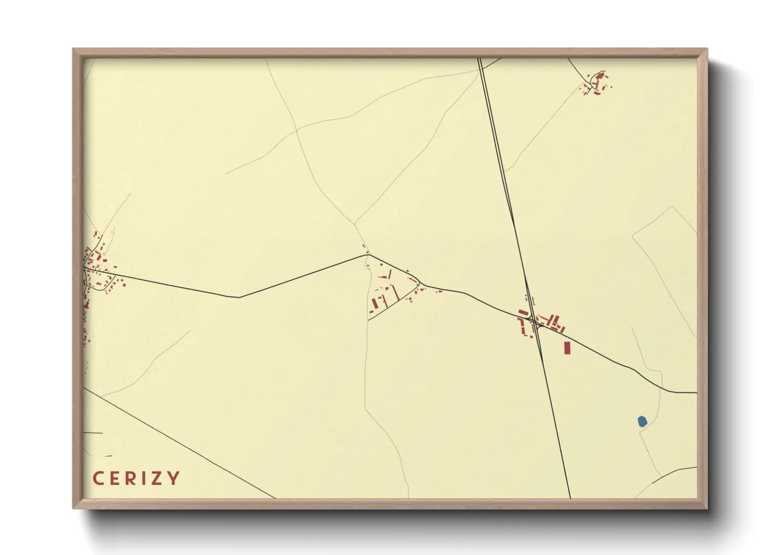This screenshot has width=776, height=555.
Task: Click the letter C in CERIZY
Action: [x=97, y=478]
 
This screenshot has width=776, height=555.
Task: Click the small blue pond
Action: [x=642, y=421]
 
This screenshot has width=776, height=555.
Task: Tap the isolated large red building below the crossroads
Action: [x=567, y=347]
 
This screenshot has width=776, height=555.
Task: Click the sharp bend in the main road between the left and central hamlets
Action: [x=239, y=297]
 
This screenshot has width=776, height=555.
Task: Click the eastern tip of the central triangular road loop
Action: [x=420, y=284]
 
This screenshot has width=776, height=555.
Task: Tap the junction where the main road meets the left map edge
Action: [x=84, y=268]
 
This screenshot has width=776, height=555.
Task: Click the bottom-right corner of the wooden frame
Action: [x=707, y=508]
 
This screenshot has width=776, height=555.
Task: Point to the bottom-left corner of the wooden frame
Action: [x=73, y=508]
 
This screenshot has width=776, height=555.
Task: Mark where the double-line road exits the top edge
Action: [x=480, y=59]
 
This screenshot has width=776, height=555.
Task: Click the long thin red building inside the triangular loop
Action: [x=396, y=292]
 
